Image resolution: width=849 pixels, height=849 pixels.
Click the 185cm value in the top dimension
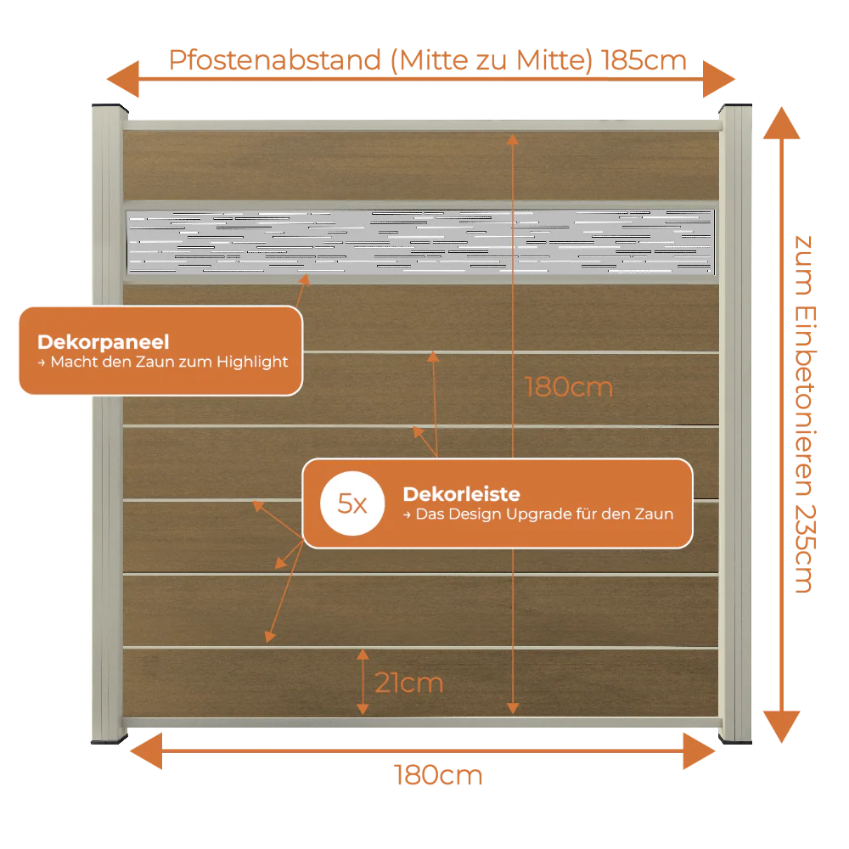[x=644, y=60]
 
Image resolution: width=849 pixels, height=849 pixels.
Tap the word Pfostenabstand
[x=275, y=60]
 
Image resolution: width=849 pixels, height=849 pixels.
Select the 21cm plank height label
[x=409, y=683]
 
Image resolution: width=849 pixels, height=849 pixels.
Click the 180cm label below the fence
[x=438, y=775]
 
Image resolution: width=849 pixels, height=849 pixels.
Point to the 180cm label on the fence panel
[x=569, y=387]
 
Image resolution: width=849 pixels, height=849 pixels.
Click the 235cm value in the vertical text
[x=805, y=548]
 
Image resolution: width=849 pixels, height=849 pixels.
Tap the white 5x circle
[x=352, y=503]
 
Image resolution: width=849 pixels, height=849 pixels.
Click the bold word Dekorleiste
[x=461, y=494]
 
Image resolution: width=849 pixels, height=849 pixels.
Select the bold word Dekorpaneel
[x=104, y=342]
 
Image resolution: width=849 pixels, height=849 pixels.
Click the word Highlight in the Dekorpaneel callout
[x=252, y=363]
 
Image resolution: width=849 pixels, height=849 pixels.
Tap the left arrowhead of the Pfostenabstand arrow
[x=123, y=79]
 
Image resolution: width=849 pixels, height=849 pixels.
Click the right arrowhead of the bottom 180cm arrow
[x=699, y=751]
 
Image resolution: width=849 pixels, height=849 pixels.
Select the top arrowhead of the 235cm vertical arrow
[x=781, y=123]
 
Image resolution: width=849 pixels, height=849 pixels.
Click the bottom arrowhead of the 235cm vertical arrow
[x=781, y=727]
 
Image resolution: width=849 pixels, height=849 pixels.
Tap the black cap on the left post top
[x=110, y=107]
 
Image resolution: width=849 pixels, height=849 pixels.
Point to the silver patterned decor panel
[x=421, y=241]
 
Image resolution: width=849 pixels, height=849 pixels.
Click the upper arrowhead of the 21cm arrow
[x=363, y=655]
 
